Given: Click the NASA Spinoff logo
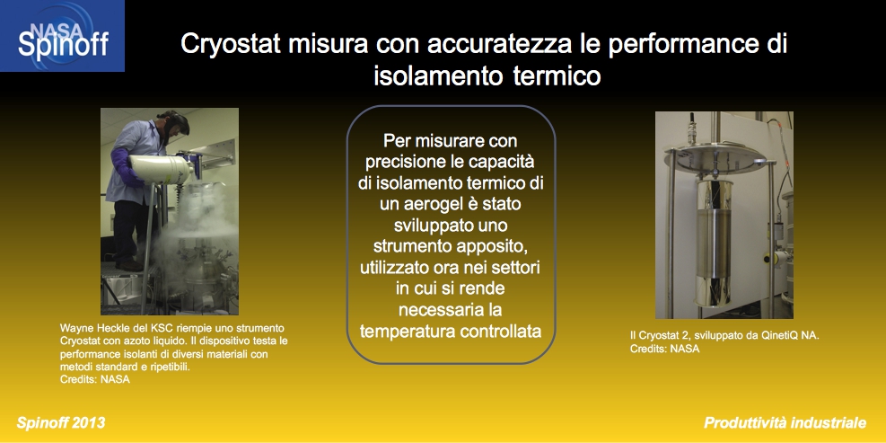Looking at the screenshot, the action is click(x=62, y=36).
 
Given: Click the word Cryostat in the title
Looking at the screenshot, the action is click(x=231, y=44).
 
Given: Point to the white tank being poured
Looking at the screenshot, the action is click(x=162, y=169).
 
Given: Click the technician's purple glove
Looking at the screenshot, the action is click(x=124, y=167).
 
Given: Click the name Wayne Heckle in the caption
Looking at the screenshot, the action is click(x=89, y=328).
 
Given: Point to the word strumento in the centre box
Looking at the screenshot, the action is click(x=413, y=247).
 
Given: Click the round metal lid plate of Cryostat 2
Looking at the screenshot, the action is click(x=716, y=155).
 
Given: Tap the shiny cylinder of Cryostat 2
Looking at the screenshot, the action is click(x=713, y=244).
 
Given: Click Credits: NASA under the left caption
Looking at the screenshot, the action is click(x=95, y=379).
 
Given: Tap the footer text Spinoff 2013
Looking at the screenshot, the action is click(x=61, y=422).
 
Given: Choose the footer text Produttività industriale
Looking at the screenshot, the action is click(x=785, y=422).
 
